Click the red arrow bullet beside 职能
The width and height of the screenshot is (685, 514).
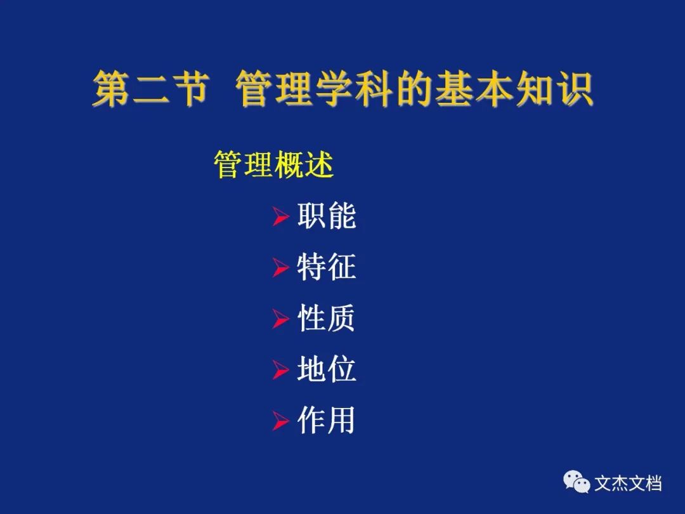click(280, 216)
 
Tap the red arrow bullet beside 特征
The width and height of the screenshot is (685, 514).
click(280, 267)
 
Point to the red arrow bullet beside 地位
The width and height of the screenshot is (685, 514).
click(280, 370)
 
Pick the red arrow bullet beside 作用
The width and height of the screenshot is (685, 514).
click(280, 421)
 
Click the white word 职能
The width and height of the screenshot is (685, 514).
click(327, 215)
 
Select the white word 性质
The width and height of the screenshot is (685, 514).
click(327, 318)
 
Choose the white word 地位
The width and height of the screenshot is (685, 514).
click(327, 369)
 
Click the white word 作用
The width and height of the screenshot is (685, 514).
click(326, 420)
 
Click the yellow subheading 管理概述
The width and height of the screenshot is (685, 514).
click(273, 164)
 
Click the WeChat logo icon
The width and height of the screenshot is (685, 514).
click(576, 482)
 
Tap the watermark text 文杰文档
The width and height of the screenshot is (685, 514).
click(628, 484)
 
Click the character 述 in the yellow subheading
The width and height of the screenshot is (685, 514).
click(319, 164)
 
